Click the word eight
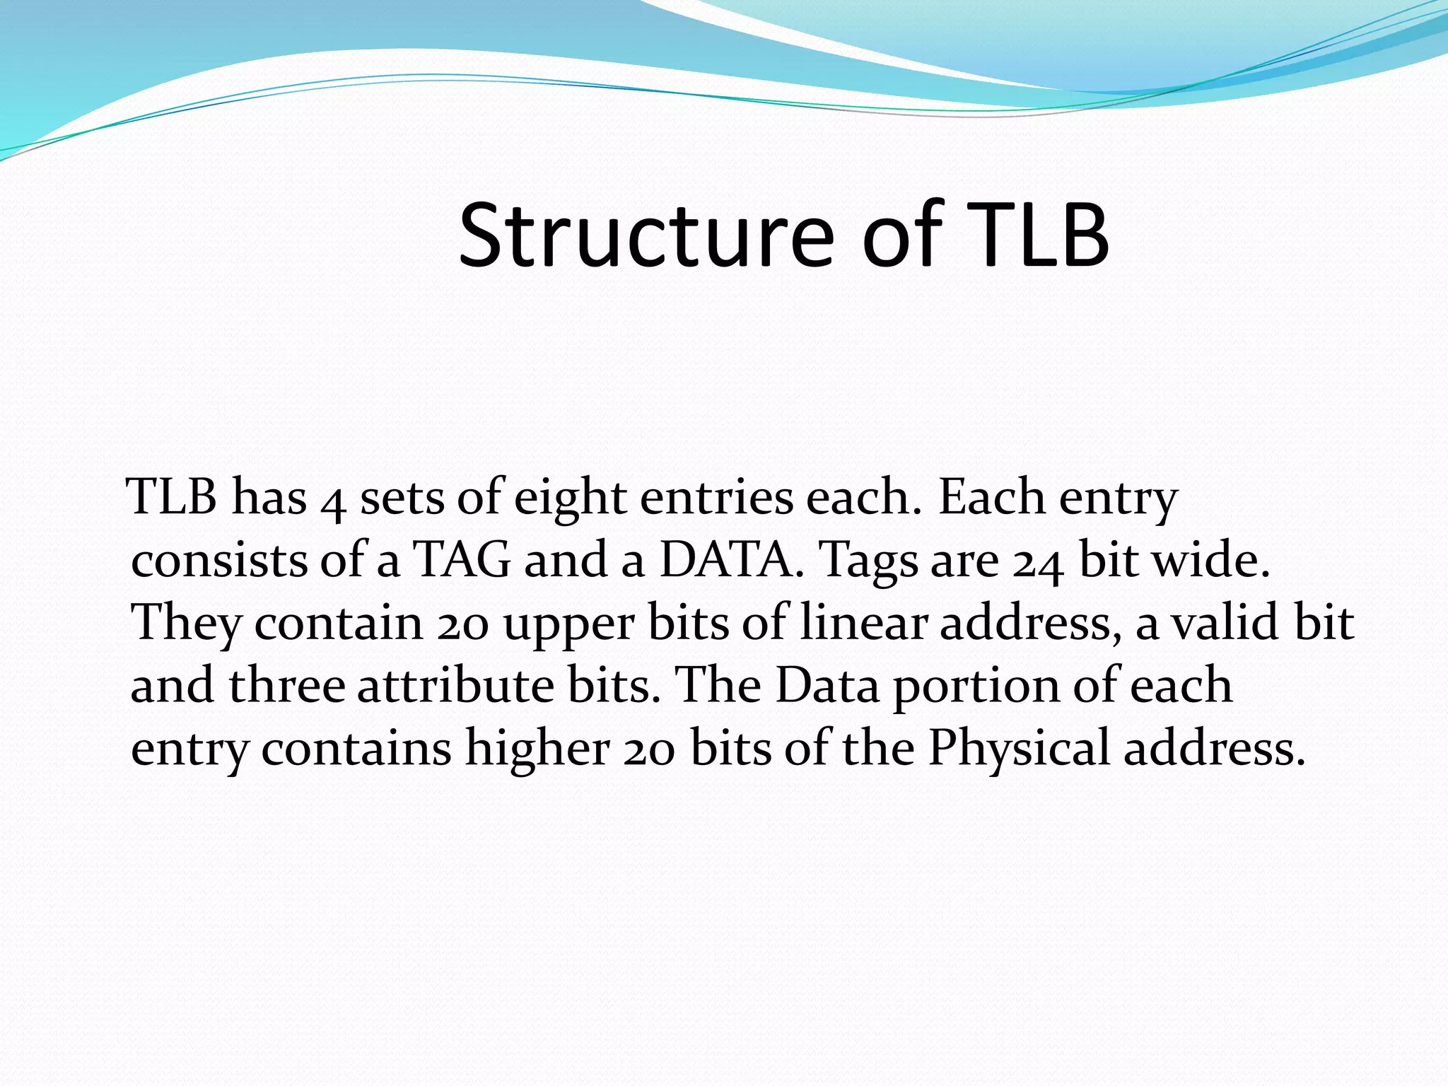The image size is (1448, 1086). [x=570, y=498]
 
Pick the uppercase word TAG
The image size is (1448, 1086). [x=461, y=560]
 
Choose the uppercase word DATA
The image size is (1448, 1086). [x=731, y=560]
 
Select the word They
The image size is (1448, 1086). [x=187, y=624]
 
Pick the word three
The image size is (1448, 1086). [x=287, y=686]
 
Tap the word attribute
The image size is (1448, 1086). [x=455, y=686]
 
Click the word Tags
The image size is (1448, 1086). [x=868, y=563]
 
